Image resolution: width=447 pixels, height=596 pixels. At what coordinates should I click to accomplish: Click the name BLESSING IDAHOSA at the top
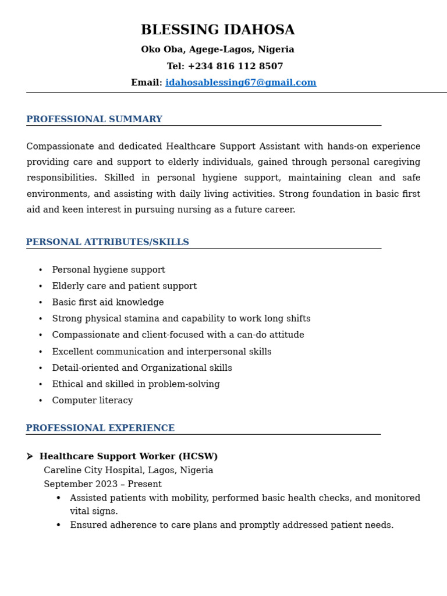218,30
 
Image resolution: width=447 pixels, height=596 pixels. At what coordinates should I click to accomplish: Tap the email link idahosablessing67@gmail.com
240,83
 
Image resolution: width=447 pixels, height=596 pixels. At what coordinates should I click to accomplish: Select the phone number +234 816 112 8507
235,67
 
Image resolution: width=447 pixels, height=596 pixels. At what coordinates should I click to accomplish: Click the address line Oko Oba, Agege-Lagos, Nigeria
218,50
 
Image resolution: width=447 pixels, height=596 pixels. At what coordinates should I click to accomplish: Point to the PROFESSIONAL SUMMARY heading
94,119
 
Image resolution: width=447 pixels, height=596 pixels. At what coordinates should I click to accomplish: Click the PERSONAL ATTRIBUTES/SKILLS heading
108,242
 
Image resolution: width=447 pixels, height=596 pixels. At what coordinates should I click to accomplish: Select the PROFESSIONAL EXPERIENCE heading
100,428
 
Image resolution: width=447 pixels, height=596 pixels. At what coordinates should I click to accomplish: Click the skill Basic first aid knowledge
108,303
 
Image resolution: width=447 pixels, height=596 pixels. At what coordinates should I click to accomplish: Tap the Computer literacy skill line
93,401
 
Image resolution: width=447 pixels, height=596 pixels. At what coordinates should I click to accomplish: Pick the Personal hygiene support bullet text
108,270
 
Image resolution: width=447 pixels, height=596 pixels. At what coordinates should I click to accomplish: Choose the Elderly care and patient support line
125,286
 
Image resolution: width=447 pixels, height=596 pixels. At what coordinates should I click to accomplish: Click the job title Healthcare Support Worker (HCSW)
129,457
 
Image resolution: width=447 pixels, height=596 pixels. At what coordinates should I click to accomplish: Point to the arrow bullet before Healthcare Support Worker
30,457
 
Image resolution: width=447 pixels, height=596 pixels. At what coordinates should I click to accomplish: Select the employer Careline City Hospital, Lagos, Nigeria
129,471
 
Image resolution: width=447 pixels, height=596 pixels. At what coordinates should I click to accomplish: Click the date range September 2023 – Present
102,484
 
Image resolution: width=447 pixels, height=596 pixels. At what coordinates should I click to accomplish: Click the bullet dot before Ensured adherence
58,526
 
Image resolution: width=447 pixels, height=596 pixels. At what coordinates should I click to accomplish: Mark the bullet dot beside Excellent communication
40,352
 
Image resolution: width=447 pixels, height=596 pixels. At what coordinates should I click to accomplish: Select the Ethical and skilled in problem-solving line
136,385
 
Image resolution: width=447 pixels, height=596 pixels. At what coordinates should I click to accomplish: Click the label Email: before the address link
147,83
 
